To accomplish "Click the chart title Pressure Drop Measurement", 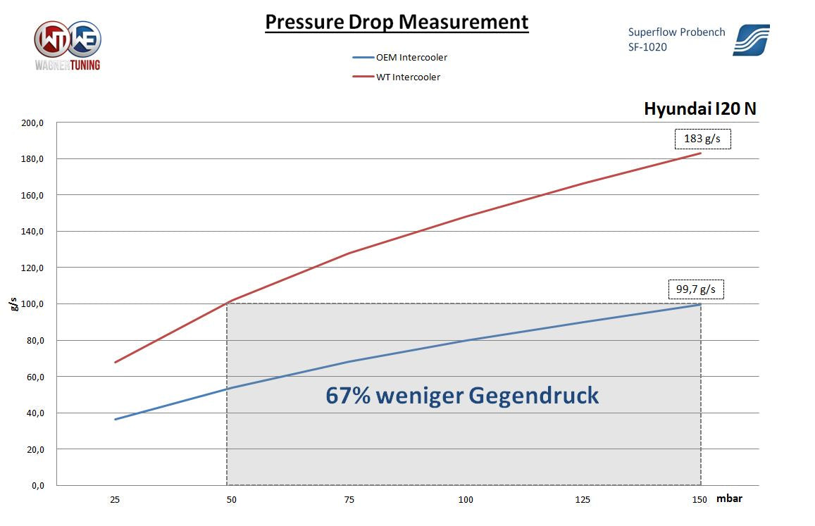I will click(x=397, y=23).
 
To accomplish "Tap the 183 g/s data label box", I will click(x=702, y=139).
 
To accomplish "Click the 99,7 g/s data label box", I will click(x=695, y=289).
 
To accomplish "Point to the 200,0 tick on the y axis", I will click(x=33, y=123).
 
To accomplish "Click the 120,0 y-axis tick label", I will click(x=33, y=268).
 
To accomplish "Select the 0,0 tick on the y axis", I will click(x=37, y=486).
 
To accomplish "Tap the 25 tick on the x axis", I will click(x=115, y=500).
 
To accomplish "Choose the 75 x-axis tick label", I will click(x=349, y=500).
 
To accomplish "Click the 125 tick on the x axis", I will click(x=583, y=500).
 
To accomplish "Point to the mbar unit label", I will click(x=729, y=499).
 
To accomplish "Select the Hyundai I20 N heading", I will click(x=700, y=109).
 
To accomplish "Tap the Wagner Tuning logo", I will click(x=68, y=44).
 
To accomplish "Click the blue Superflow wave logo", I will click(x=751, y=39).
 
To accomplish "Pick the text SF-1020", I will click(x=647, y=47).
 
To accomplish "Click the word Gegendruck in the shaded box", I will click(x=533, y=396).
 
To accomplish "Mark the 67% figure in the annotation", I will click(x=348, y=396).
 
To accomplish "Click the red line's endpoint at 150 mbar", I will click(x=700, y=153).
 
